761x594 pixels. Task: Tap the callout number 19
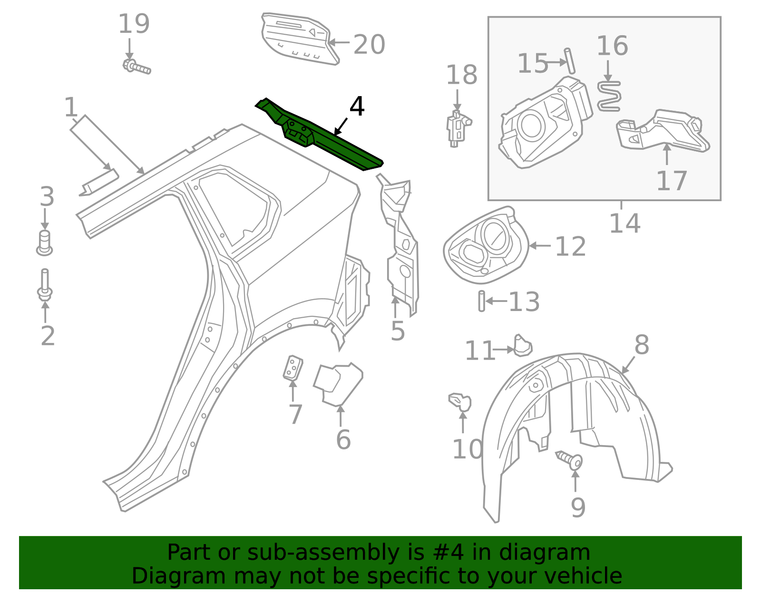tap(134, 24)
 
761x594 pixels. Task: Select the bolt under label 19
tap(137, 67)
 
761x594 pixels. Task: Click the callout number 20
tap(369, 45)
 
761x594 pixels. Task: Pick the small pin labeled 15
tap(570, 60)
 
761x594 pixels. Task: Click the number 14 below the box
tap(624, 223)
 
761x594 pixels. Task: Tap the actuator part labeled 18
tap(457, 128)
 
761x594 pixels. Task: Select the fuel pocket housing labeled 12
tap(485, 245)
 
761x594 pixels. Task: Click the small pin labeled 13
tap(482, 301)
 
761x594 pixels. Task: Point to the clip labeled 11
tap(522, 346)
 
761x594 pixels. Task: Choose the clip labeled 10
tap(460, 402)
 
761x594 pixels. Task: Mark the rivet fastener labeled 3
tap(44, 243)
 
